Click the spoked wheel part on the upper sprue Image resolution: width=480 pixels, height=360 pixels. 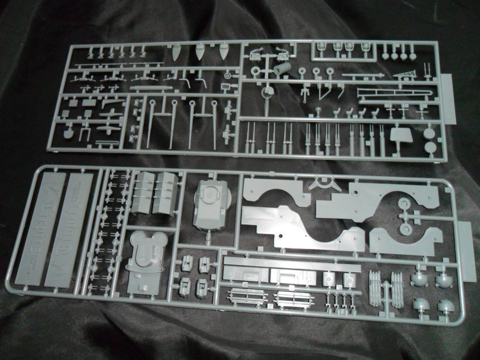point(228,75)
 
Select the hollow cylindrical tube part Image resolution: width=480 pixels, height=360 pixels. point(283,69)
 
